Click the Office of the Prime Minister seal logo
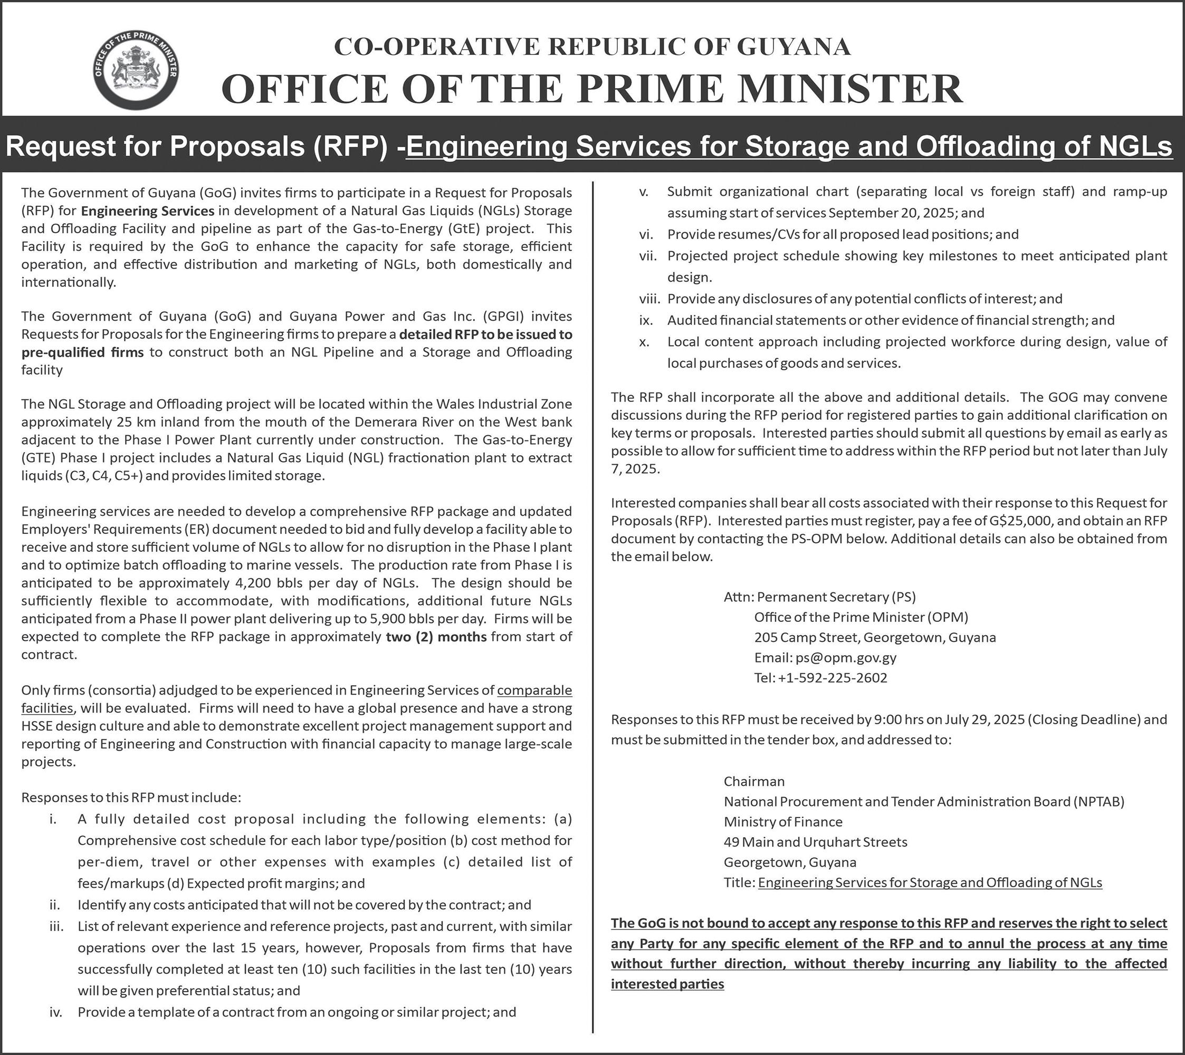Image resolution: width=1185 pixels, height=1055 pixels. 136,71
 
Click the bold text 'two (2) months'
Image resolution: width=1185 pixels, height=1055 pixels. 436,637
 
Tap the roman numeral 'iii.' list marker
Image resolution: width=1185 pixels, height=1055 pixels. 56,926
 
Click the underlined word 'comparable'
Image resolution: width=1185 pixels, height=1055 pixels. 534,690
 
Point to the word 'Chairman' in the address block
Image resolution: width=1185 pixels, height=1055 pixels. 753,781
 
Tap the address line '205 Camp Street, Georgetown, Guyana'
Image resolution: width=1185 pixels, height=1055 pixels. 875,638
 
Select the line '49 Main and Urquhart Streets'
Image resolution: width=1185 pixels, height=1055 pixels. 815,842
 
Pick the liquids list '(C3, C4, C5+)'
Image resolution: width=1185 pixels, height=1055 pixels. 100,476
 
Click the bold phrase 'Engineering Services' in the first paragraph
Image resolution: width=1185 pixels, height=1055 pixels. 147,210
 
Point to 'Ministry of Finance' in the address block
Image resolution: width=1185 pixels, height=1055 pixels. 782,822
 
